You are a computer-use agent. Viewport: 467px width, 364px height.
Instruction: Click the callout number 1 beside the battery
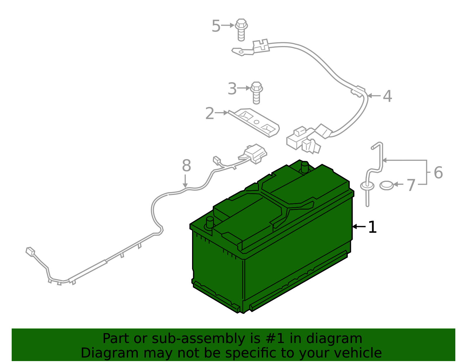coord(372,227)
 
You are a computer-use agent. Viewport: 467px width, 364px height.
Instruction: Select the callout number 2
coord(210,113)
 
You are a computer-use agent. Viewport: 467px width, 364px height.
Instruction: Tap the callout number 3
coord(232,89)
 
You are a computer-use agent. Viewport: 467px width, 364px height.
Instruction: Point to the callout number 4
coord(387,96)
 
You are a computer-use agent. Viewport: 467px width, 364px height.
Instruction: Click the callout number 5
coord(216,26)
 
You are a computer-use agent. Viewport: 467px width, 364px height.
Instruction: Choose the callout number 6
coord(438,173)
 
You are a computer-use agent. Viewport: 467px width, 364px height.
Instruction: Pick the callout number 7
coord(411,185)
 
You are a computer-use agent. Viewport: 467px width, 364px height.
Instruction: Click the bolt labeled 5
coord(241,29)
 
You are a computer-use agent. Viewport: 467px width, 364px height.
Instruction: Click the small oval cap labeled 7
coord(386,185)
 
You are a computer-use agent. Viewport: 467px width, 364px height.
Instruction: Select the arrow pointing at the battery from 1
coord(359,226)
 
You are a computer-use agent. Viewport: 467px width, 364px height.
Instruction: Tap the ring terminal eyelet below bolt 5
coord(241,52)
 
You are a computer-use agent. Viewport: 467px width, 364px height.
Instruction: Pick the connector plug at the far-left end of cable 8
coord(30,252)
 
